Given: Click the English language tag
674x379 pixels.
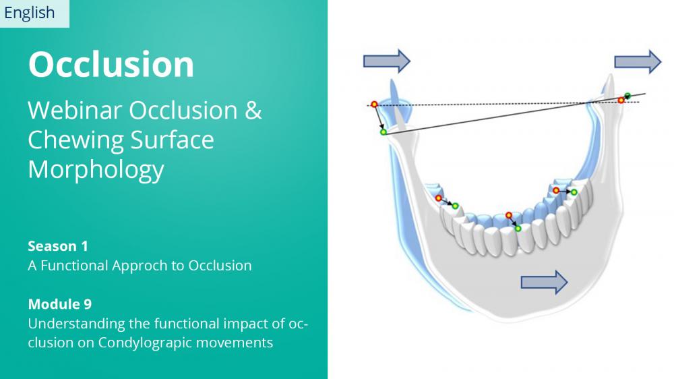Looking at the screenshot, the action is [29, 13].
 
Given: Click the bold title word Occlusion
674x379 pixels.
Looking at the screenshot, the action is [111, 65].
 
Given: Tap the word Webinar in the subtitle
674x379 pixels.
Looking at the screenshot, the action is [75, 110].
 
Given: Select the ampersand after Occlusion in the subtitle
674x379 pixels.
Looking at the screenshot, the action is [253, 110].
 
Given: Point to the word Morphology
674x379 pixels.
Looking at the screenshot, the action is [96, 170].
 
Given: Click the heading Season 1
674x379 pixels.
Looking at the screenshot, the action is [58, 246].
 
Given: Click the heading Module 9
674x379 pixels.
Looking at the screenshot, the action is [60, 304].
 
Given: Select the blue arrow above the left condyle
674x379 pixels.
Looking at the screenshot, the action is [387, 61].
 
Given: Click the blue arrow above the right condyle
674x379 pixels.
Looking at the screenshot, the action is [638, 62].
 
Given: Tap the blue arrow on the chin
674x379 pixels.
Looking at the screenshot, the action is [544, 282].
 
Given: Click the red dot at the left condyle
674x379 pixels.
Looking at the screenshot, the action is [374, 105].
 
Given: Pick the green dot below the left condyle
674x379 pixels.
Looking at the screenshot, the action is [384, 132].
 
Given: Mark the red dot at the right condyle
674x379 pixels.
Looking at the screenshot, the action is [621, 100].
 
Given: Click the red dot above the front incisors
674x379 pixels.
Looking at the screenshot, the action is [509, 215].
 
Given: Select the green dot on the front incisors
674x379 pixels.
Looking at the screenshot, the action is [518, 229].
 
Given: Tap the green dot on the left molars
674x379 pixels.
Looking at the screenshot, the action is [455, 206].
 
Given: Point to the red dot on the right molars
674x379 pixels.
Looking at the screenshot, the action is [556, 190].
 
